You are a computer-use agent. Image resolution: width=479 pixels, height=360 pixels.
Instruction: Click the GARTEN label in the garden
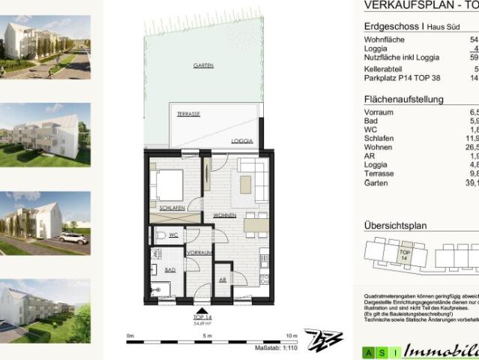(x=203, y=66)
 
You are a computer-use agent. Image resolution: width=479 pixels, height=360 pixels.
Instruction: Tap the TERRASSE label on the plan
(x=187, y=113)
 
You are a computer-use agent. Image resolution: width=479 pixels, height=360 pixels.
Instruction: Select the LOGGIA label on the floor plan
(x=241, y=140)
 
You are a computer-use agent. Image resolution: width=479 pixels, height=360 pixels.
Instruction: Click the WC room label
(x=172, y=235)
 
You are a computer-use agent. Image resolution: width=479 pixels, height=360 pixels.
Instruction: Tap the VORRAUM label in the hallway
(x=199, y=253)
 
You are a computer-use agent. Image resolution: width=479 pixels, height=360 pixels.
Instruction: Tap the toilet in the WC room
(x=156, y=235)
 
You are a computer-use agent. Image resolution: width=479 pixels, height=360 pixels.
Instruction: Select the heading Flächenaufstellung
(x=403, y=99)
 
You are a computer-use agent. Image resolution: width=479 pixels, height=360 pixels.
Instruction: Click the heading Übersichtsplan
(x=395, y=224)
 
